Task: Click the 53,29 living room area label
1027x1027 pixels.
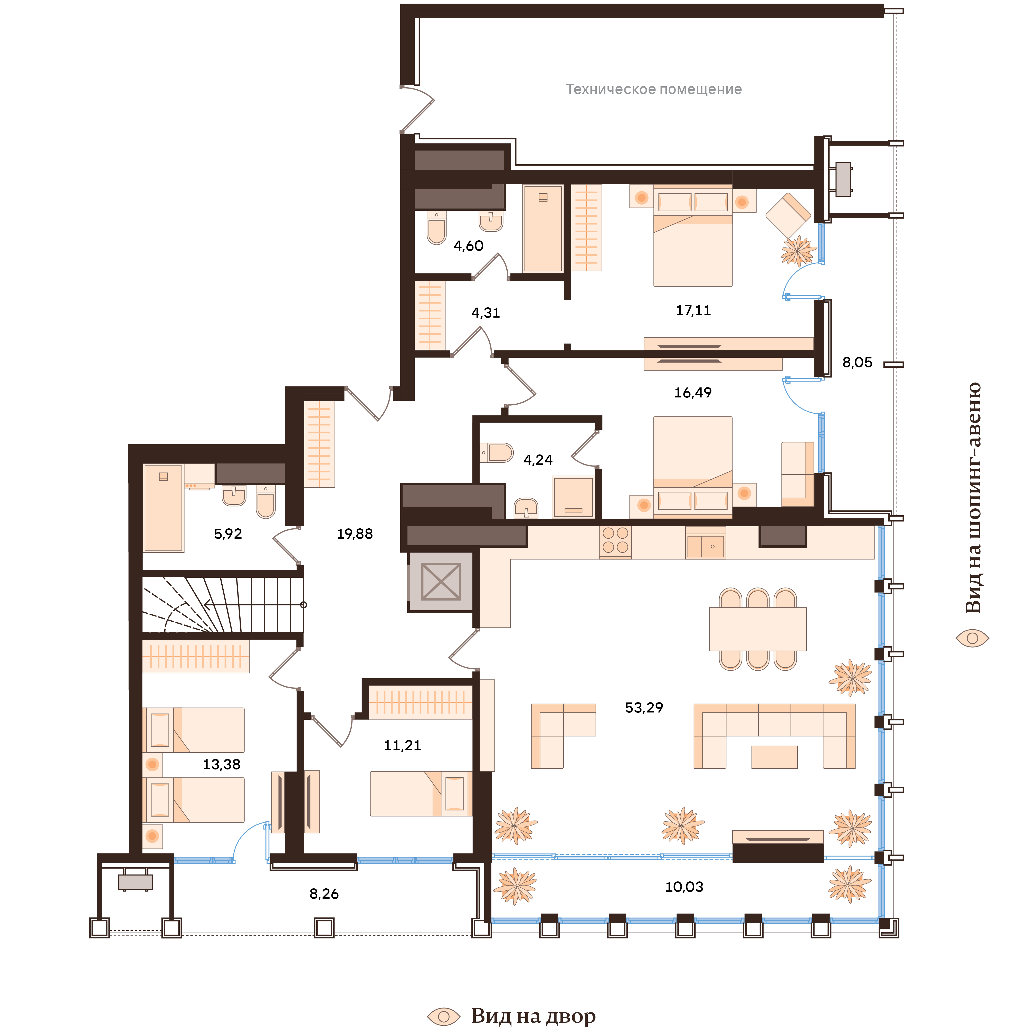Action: point(644,708)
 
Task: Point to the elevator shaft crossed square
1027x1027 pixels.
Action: point(441,582)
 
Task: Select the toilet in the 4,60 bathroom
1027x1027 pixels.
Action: point(436,227)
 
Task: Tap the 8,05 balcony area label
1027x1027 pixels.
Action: point(857,363)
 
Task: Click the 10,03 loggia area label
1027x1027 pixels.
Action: point(684,887)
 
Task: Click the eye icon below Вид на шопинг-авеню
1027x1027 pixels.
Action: point(972,638)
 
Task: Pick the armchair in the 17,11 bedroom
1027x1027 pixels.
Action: point(788,215)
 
